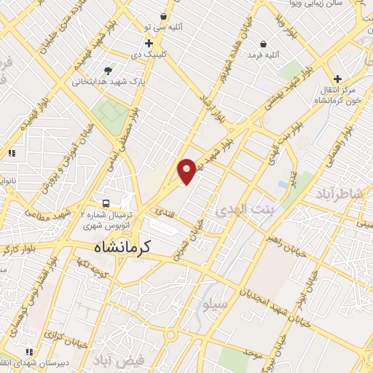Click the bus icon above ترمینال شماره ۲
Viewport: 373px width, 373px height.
107,203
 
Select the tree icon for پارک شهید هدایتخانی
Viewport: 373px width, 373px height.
108,71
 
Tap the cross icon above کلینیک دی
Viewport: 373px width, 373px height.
149,43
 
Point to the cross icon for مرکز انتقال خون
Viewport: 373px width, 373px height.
337,79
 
